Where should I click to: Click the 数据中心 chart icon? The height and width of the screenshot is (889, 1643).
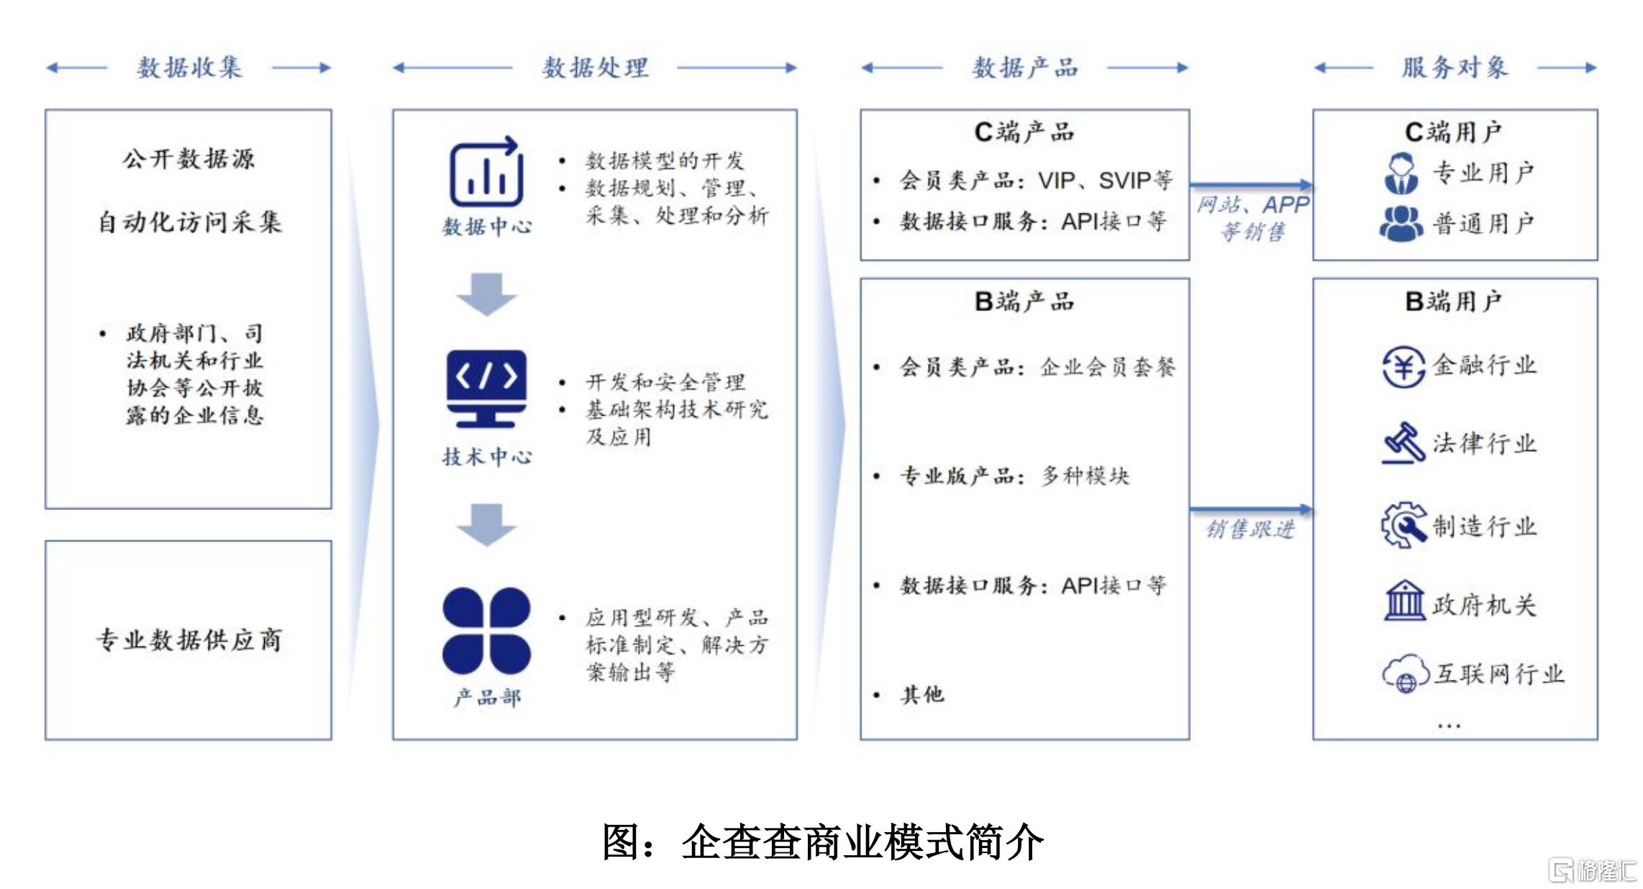[x=486, y=172]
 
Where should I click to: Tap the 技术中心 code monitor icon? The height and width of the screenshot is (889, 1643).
[x=486, y=388]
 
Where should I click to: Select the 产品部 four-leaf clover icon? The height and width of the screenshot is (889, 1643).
[x=486, y=631]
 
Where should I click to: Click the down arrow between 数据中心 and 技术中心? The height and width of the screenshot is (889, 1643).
[x=486, y=293]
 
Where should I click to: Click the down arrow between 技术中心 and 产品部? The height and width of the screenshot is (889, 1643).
[x=486, y=524]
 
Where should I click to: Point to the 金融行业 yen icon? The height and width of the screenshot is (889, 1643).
[x=1403, y=367]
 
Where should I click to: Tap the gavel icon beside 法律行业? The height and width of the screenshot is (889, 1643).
[x=1403, y=443]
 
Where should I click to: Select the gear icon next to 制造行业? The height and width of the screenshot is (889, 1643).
[x=1403, y=525]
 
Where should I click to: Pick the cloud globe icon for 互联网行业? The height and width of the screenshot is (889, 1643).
[x=1405, y=673]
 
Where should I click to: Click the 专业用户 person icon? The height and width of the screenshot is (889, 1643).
[x=1401, y=173]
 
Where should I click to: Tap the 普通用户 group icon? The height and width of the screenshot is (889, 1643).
[x=1401, y=224]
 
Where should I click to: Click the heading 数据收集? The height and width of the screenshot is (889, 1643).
[x=189, y=68]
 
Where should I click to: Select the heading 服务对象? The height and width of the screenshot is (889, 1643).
[x=1455, y=68]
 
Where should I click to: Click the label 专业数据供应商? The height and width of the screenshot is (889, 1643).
[x=189, y=639]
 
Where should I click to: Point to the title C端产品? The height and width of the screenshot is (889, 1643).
[x=1024, y=132]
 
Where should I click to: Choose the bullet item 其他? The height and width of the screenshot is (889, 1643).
[x=922, y=694]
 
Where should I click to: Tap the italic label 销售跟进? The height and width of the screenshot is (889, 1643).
[x=1250, y=529]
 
